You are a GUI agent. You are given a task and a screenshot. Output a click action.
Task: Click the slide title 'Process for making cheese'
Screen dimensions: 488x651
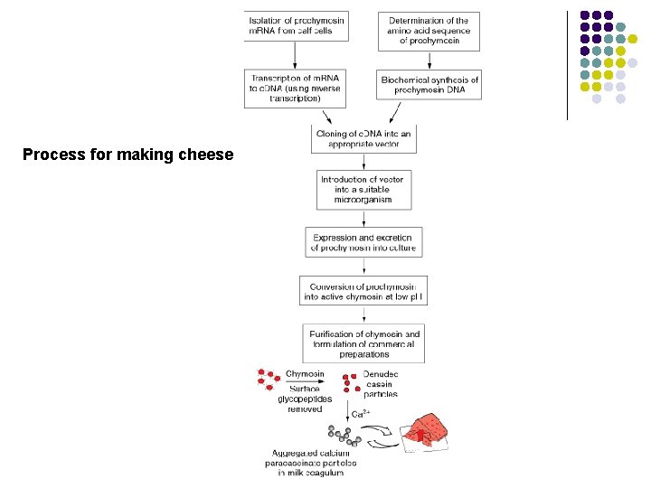click(127, 155)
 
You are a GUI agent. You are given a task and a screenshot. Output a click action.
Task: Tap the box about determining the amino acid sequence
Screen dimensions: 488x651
click(429, 32)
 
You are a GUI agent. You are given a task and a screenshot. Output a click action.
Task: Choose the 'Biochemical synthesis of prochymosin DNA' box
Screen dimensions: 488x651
click(429, 86)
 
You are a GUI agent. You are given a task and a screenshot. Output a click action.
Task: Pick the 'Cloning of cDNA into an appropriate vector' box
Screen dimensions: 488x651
click(363, 139)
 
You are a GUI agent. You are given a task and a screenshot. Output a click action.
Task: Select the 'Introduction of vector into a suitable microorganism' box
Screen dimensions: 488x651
click(363, 189)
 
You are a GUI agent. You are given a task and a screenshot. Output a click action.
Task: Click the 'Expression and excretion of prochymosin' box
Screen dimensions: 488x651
click(363, 241)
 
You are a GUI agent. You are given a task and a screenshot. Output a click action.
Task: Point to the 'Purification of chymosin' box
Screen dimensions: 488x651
click(363, 344)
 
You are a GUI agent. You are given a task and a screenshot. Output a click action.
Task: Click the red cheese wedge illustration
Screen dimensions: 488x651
click(431, 431)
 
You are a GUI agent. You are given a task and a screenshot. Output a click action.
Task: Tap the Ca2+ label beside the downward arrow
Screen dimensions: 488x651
click(358, 414)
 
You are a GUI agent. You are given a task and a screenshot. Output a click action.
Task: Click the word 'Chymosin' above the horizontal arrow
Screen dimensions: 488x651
click(305, 374)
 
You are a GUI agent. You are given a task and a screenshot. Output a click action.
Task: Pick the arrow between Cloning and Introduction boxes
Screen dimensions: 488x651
click(363, 161)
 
